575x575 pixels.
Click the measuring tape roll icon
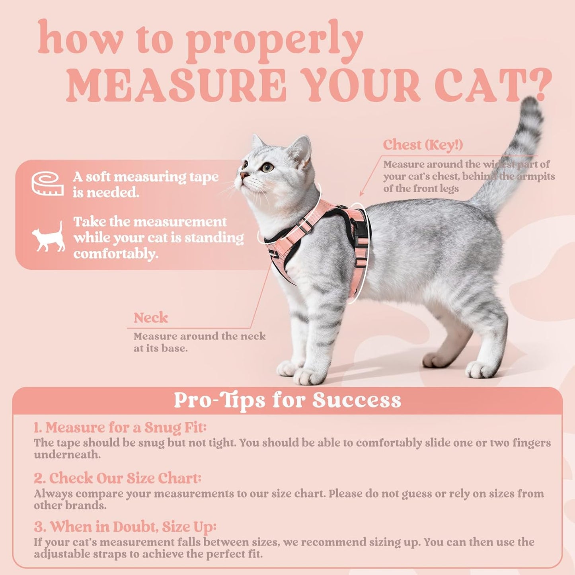(48, 184)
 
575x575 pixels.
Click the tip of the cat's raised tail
(531, 104)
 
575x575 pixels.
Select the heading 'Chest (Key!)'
(423, 145)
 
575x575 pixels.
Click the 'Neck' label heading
(150, 318)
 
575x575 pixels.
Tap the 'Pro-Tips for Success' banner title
(287, 400)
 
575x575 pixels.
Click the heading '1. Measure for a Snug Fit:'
(120, 427)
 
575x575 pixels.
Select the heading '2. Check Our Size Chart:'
(117, 478)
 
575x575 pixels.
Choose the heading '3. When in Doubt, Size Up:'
(125, 527)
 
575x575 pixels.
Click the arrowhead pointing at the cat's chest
(361, 194)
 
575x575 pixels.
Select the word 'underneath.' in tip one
(67, 455)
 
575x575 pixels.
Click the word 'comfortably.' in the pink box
(116, 254)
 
